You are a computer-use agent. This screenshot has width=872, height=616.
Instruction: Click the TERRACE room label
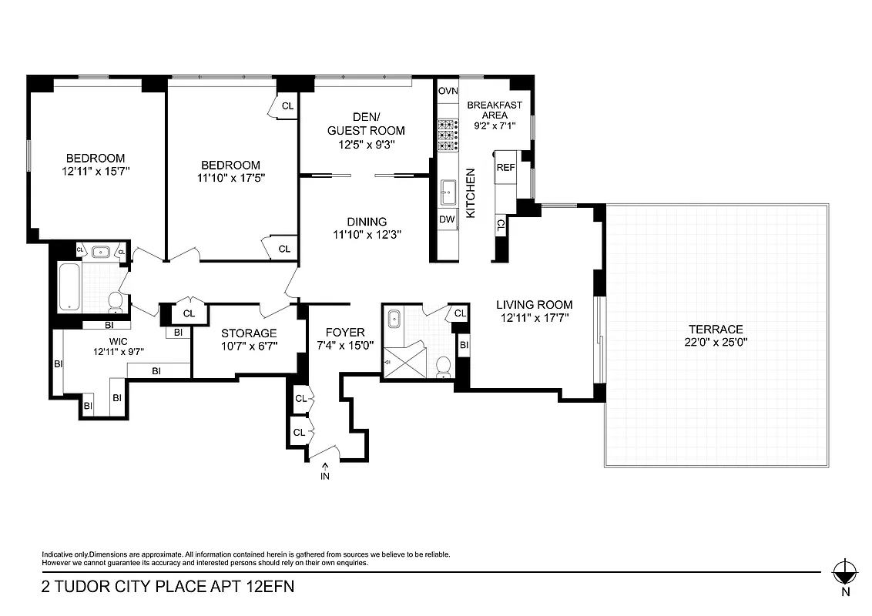716,329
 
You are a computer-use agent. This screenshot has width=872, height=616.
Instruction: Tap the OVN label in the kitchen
448,91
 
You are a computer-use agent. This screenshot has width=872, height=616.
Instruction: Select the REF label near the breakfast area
505,167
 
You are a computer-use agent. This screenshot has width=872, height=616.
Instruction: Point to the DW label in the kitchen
447,219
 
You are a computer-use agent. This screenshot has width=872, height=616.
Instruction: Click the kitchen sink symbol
448,189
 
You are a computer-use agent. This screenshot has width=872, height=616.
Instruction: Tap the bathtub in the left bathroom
69,286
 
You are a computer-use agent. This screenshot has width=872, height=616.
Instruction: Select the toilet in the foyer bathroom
443,367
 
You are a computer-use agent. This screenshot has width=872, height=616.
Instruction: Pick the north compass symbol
845,571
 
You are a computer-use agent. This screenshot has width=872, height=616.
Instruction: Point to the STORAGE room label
249,333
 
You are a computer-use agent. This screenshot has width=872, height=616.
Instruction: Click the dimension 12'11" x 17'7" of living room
534,317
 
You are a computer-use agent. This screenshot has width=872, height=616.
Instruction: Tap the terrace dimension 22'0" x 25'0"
716,341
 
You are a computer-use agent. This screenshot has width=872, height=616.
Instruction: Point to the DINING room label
366,222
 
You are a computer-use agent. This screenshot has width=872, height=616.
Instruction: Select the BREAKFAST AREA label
495,109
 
